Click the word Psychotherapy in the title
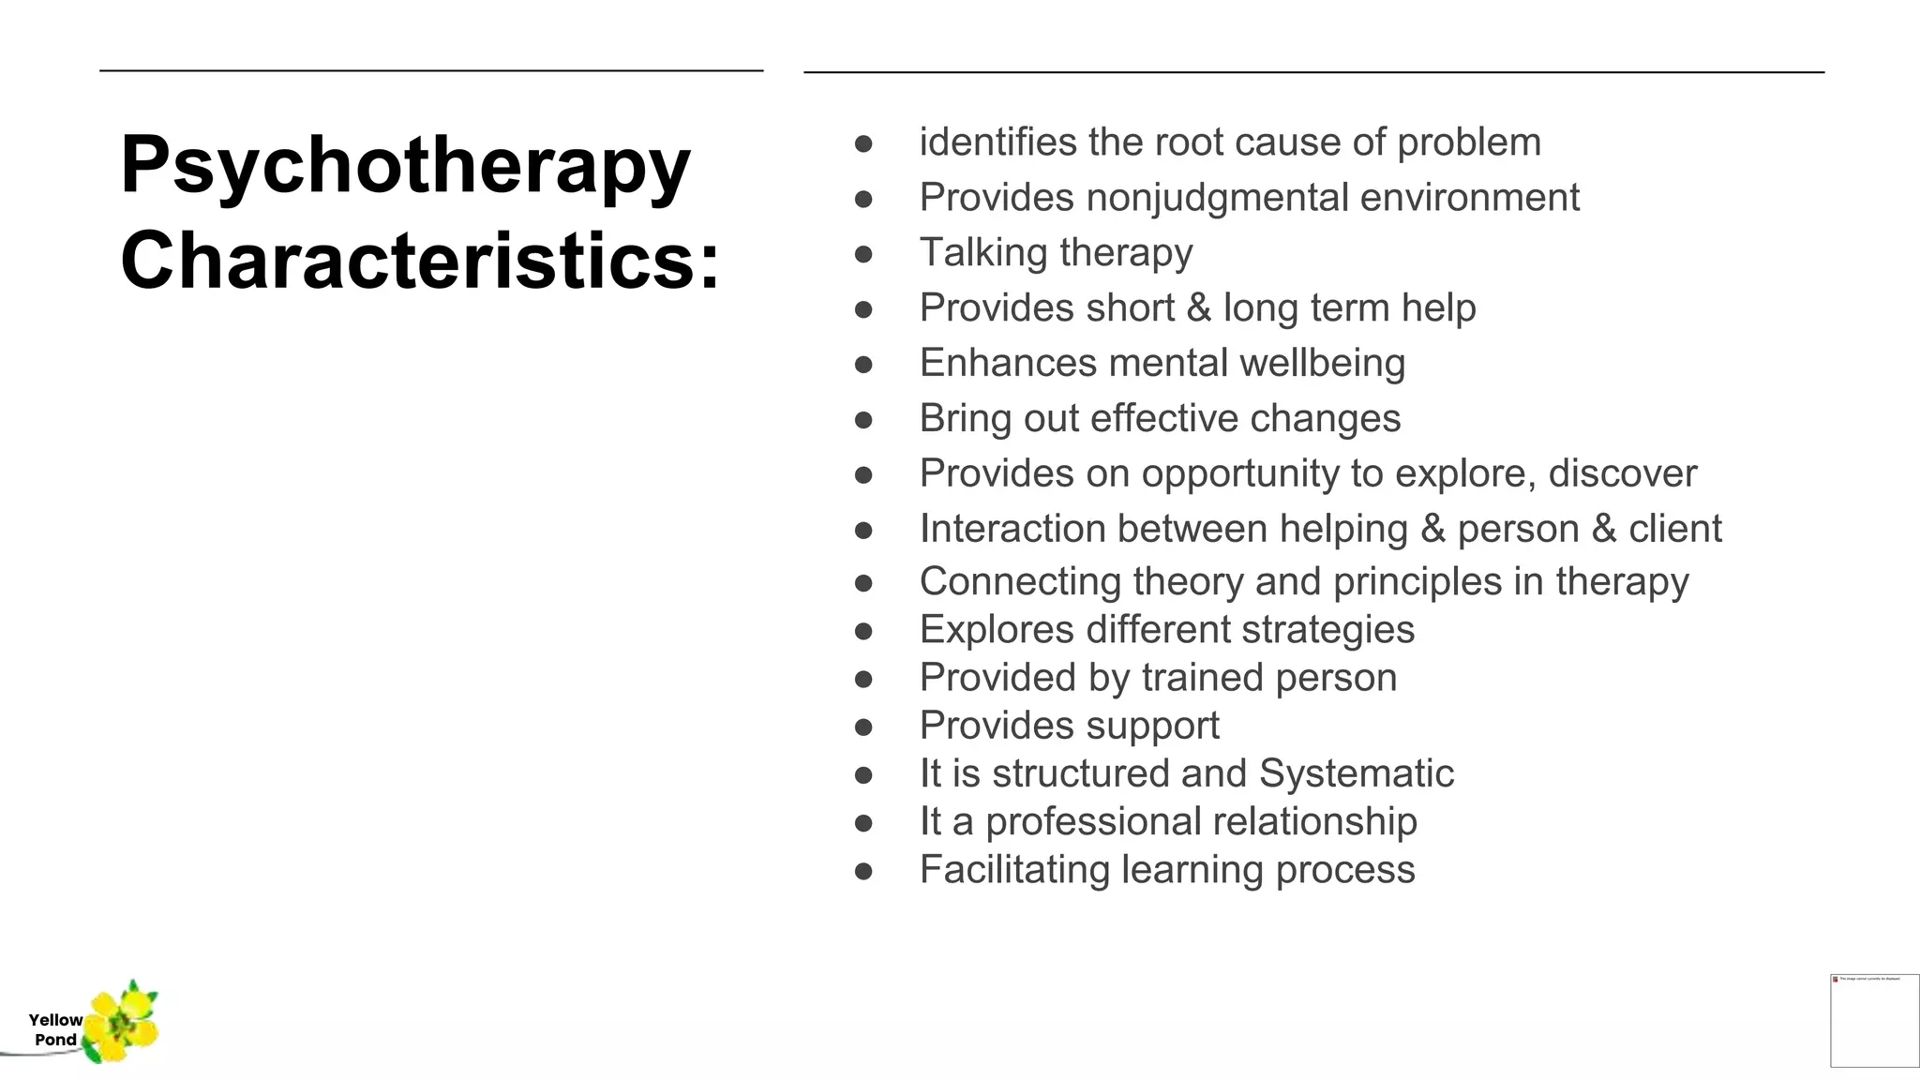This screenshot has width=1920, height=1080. tap(405, 166)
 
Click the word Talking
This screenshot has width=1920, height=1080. tap(983, 253)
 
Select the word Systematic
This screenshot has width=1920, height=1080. tap(1356, 774)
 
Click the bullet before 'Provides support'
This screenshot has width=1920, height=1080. tap(863, 727)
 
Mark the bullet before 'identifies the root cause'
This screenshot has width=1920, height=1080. tap(863, 143)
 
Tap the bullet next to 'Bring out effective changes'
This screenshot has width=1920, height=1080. tap(863, 420)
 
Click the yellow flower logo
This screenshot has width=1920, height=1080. tap(123, 1022)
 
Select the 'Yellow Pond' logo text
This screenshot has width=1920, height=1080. tap(55, 1029)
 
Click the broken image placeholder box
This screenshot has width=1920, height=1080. tap(1874, 1021)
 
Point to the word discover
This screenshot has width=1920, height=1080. tap(1622, 474)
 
